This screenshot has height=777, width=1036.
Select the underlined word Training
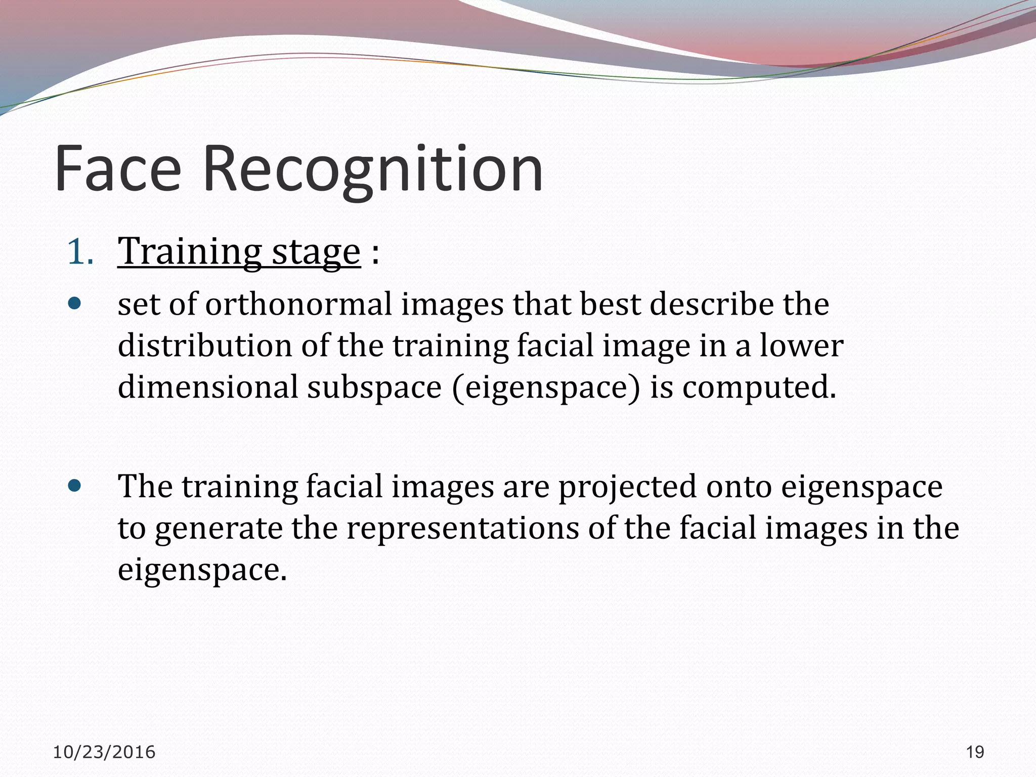[x=190, y=251]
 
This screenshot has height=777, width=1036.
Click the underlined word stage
[x=316, y=251]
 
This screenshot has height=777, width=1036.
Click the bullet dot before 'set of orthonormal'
[x=74, y=304]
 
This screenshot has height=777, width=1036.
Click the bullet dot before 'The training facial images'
[x=74, y=486]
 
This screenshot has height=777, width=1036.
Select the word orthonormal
[x=298, y=305]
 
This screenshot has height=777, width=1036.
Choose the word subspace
[x=374, y=387]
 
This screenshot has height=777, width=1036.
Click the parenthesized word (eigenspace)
[x=546, y=387]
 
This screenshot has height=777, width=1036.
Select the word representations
[x=462, y=529]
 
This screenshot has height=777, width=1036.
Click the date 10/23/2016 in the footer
[x=104, y=752]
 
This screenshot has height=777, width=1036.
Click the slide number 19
[x=975, y=752]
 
